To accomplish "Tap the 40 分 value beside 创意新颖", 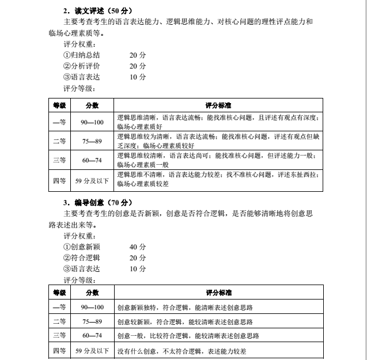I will [x=138, y=247].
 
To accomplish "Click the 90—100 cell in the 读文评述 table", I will [x=92, y=122].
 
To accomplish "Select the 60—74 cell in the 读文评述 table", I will [x=92, y=160].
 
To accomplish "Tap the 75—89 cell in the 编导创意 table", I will [x=92, y=321].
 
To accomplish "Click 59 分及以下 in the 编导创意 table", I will [x=92, y=350].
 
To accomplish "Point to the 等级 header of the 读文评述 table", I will [x=59, y=105].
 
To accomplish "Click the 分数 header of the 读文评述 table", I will [x=92, y=105].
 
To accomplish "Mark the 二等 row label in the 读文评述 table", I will [x=59, y=141].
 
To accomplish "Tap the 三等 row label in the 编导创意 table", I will [x=59, y=336].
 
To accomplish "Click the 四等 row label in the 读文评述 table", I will [x=59, y=180].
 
